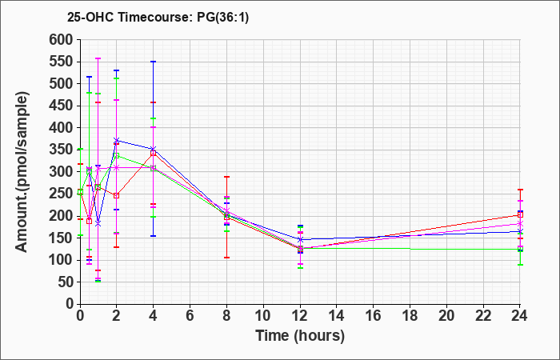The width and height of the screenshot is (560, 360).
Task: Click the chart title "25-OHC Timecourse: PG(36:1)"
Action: coord(158,17)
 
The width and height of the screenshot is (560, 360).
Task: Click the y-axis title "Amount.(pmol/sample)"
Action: coord(22,173)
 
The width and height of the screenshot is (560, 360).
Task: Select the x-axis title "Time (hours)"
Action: coord(300,336)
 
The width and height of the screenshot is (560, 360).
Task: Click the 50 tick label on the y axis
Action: coord(66,282)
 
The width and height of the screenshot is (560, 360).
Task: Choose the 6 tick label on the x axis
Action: coord(190,316)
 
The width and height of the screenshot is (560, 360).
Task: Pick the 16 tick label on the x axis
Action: coord(374,316)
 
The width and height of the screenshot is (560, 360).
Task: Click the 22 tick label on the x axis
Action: coord(483,316)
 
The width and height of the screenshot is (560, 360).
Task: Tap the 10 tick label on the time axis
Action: coord(263,316)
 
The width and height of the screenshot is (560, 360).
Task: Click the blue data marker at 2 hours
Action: coord(117,140)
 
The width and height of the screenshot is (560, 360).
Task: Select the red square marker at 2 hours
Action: coord(117,195)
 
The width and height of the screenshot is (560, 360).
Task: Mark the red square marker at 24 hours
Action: coord(520,214)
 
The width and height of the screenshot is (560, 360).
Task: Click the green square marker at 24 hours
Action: coord(520,249)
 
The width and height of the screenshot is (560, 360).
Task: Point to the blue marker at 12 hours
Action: coord(300,239)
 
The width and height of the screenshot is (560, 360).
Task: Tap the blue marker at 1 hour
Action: coord(98,224)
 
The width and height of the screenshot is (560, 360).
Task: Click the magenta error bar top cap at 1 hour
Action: coord(98,58)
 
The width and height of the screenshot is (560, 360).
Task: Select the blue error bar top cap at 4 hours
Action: coord(154,62)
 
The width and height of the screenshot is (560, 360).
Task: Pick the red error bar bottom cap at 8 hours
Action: coord(226,258)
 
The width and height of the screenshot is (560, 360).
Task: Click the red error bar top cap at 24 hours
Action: coord(520,190)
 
